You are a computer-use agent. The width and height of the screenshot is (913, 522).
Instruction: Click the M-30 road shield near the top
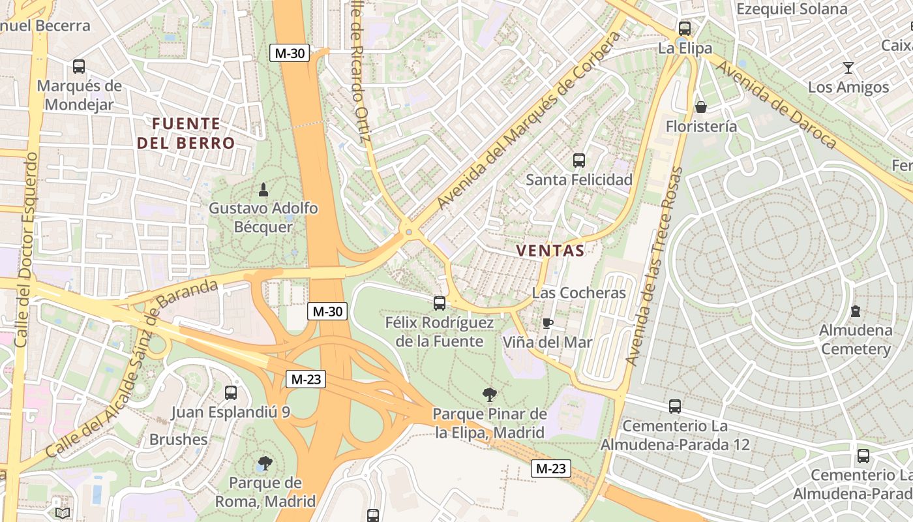pos(290,53)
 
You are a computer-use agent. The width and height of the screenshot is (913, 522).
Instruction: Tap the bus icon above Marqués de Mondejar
pos(79,66)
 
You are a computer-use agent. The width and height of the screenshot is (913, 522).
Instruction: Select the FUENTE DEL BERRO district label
pos(186,132)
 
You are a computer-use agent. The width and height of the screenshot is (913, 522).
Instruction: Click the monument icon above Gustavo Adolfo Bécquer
pos(263,190)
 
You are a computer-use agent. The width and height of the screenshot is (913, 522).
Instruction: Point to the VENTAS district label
pos(550,250)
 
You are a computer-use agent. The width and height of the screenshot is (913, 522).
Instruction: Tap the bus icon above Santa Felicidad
pos(578,160)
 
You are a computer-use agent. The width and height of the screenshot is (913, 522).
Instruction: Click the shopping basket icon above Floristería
pos(701,107)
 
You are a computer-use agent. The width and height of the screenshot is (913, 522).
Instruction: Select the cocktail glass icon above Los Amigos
pos(848,67)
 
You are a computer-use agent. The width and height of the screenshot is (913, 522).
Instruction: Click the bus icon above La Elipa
pos(684,28)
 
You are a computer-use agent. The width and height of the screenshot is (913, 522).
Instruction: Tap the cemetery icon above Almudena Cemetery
pos(856,311)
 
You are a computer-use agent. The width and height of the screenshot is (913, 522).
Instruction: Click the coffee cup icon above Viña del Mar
pos(548,323)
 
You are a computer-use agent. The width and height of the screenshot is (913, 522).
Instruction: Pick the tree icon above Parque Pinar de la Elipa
pos(489,394)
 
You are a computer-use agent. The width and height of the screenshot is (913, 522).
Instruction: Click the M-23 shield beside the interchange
pos(306,378)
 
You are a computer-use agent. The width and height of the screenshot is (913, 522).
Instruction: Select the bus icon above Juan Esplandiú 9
pos(230,392)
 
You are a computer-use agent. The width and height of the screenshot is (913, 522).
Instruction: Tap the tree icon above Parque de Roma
pos(265,463)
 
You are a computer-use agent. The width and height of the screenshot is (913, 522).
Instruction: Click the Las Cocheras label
pos(578,293)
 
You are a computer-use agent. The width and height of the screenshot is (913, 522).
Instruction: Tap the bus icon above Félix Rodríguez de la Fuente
pos(440,303)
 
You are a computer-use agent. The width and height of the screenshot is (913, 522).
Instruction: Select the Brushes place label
pos(179,439)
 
